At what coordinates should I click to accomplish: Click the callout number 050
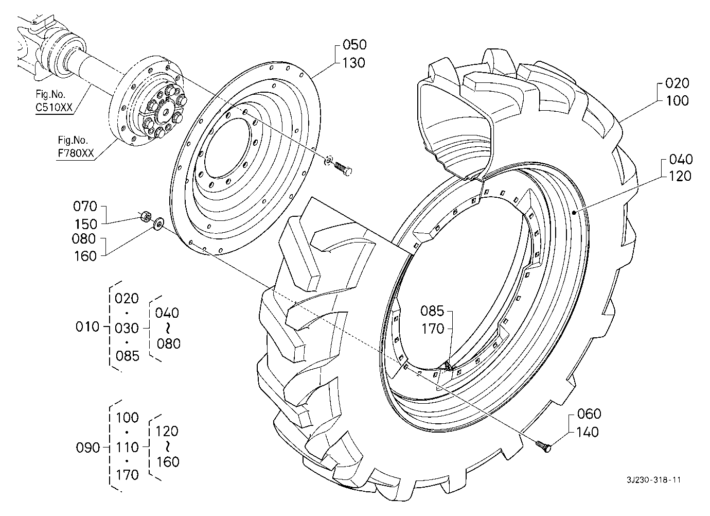click(x=354, y=45)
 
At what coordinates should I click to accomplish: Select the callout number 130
click(x=354, y=63)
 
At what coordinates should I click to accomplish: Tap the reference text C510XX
click(x=54, y=108)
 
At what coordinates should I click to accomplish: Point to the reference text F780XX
click(x=76, y=153)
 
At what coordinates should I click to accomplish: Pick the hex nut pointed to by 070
click(x=146, y=217)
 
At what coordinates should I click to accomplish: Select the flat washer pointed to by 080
click(x=158, y=223)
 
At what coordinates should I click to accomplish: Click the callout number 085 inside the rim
click(x=432, y=311)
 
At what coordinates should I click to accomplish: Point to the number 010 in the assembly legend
click(x=87, y=326)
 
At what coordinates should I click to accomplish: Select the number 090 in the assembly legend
click(x=88, y=448)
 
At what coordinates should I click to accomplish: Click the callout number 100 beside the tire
click(x=678, y=101)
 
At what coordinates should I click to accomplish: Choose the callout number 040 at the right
click(x=681, y=159)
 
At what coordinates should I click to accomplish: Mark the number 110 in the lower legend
click(x=128, y=448)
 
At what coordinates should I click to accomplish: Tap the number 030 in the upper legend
click(x=127, y=328)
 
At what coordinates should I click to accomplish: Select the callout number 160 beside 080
click(x=85, y=256)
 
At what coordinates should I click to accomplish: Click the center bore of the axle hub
click(x=166, y=112)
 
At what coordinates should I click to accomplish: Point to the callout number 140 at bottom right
click(x=588, y=432)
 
